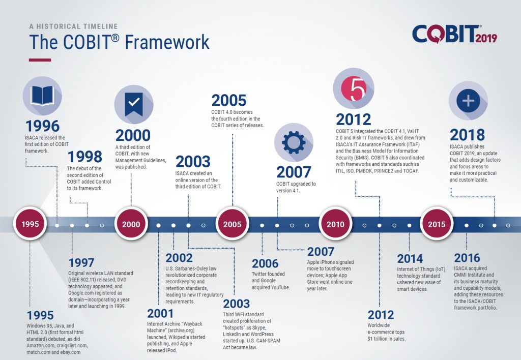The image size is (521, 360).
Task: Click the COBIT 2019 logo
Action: click(454, 35)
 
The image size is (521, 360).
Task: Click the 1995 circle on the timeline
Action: click(30, 224)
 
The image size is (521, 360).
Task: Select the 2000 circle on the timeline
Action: click(131, 224)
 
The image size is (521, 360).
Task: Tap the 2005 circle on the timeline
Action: click(233, 224)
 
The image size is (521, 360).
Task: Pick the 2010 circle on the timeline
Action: click(335, 224)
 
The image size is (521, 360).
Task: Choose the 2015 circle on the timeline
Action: click(436, 224)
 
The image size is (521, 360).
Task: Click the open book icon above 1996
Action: click(42, 96)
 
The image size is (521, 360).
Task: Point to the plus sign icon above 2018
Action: click(468, 101)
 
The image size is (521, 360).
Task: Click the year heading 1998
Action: click(84, 156)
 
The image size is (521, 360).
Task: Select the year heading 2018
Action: click(467, 135)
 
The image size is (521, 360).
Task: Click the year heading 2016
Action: click(467, 257)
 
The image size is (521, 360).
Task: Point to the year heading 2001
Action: click(160, 313)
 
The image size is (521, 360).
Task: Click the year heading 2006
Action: click(265, 263)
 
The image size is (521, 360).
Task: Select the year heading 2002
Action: click(179, 258)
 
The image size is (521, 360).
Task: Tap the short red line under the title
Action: click(40, 60)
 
